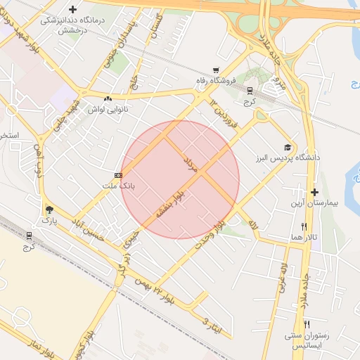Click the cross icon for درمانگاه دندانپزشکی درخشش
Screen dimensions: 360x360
coord(72,9)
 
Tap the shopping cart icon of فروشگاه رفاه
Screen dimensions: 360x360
coord(216,70)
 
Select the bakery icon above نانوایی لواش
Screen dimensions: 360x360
coord(108,99)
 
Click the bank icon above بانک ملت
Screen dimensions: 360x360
coord(117,174)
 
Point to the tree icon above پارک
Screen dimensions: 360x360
coord(49,210)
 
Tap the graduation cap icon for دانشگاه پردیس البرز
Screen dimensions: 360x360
coord(286,147)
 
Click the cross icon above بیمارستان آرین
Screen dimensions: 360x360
coord(314,191)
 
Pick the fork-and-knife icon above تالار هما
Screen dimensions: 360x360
coord(304,226)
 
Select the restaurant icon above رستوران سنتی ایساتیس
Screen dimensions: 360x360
coord(306,323)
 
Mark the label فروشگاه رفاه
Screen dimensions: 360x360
coord(214,82)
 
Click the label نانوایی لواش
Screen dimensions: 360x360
coord(106,110)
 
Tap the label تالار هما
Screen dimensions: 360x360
coord(307,238)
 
